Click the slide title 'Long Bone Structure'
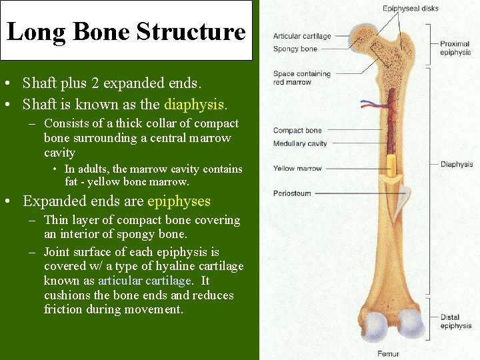coord(126,31)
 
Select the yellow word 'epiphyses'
coord(179,201)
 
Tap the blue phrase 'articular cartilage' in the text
coord(144,281)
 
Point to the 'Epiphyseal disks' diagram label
coord(410,9)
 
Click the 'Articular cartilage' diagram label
coord(301,37)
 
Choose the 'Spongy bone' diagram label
coord(295,49)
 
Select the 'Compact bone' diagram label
coord(297,131)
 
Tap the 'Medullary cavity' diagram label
coord(300,144)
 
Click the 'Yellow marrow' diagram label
coord(297,169)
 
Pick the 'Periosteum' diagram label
coord(292,193)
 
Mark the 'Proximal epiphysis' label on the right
coord(455,48)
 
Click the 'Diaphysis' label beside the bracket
coord(457,164)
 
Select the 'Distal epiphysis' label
coord(456,321)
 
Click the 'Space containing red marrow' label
coord(301,78)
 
